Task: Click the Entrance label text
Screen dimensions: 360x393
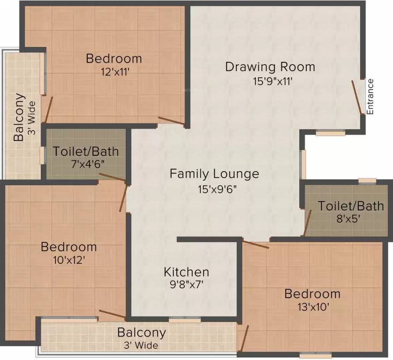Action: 370,97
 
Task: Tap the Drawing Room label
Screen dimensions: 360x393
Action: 270,67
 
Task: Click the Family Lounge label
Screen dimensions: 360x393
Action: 214,174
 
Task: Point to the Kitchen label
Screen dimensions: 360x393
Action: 186,272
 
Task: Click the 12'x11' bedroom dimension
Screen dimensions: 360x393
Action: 114,73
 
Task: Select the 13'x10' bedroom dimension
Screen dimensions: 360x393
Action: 312,307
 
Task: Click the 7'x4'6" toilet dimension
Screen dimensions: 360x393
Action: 85,165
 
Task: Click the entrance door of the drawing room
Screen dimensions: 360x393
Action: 357,97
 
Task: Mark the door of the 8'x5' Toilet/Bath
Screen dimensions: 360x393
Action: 308,223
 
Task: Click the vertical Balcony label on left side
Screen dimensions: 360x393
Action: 19,118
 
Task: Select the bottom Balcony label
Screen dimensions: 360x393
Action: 142,333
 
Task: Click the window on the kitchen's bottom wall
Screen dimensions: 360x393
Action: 184,320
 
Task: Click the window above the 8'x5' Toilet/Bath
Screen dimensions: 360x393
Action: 367,180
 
